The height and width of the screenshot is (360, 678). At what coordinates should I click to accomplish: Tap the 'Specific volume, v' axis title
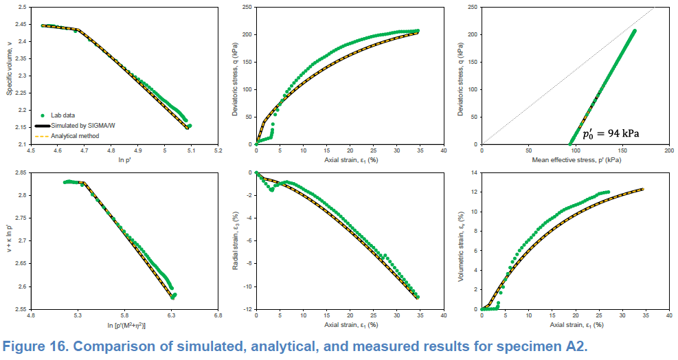[9, 76]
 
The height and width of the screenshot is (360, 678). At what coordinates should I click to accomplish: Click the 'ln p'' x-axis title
[124, 160]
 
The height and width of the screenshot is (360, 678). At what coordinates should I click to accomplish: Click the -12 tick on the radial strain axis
[246, 309]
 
